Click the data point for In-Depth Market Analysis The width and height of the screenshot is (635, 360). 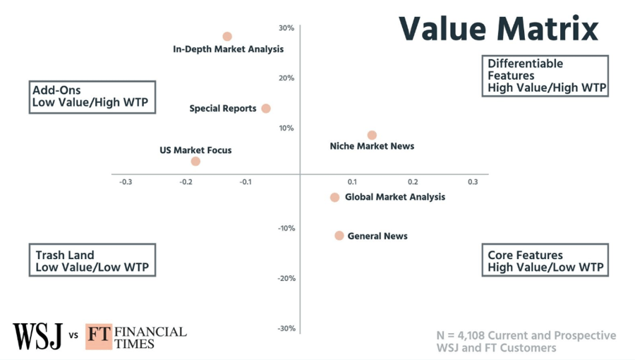pos(227,37)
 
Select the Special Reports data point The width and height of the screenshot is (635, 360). pos(266,109)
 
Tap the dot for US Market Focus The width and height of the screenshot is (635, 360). pos(195,162)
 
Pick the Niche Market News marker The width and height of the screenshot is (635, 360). pos(372,136)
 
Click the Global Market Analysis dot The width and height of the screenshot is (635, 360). pos(334,198)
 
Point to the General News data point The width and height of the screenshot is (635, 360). pos(339,236)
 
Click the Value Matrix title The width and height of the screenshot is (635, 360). pos(498,29)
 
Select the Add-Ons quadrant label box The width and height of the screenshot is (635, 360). pos(92,97)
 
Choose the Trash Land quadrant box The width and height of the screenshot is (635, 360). pos(92,261)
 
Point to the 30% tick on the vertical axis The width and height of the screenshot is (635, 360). pos(286,28)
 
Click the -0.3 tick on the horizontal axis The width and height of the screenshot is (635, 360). pos(125,182)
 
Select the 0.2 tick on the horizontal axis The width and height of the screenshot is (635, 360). pos(413,182)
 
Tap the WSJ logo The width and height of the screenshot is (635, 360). pos(37,335)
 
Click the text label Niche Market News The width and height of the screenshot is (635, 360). pos(372,147)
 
